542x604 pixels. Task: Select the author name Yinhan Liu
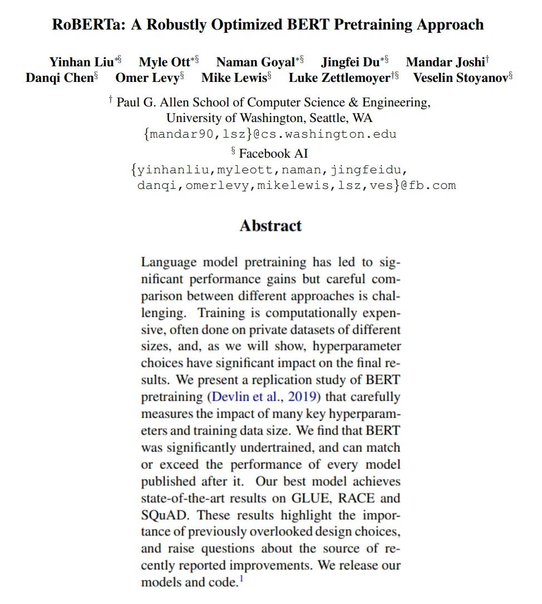pyautogui.click(x=81, y=62)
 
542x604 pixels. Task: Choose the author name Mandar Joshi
pyautogui.click(x=445, y=62)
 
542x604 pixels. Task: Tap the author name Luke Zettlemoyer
pyautogui.click(x=339, y=78)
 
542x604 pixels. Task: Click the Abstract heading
pyautogui.click(x=270, y=226)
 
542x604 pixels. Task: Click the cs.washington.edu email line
pyautogui.click(x=270, y=134)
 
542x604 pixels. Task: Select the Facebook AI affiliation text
pyautogui.click(x=273, y=153)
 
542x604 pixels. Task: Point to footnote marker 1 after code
pyautogui.click(x=242, y=579)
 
